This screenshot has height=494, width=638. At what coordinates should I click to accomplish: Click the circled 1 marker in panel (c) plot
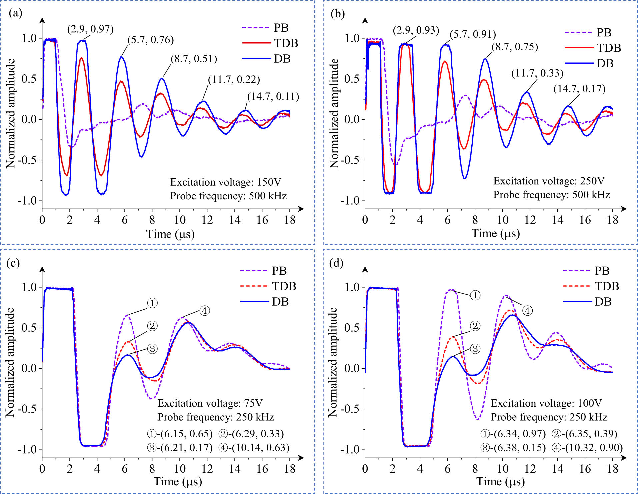[152, 303]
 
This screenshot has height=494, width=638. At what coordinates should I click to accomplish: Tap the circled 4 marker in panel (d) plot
[527, 311]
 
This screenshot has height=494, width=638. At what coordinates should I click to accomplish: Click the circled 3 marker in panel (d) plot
[475, 349]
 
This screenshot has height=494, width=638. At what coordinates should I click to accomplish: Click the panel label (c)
[13, 263]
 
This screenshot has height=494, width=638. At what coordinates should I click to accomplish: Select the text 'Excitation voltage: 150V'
[226, 182]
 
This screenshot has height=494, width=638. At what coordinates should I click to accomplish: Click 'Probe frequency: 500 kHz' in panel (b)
[551, 195]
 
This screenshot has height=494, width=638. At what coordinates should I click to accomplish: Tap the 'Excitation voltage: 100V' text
[546, 403]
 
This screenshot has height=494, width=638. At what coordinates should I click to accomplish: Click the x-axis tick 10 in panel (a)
[180, 220]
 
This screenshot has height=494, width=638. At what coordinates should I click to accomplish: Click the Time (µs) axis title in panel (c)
[178, 482]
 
